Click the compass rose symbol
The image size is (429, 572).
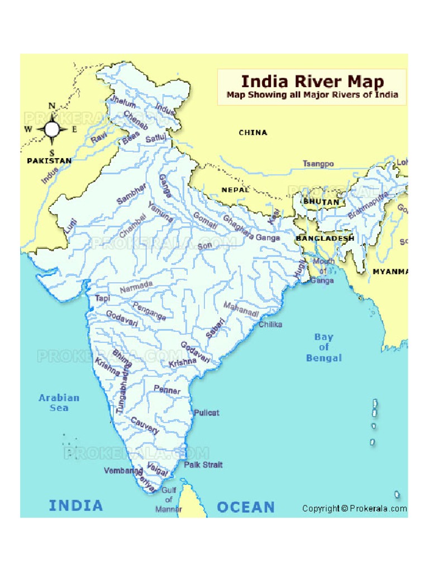[x=52, y=130]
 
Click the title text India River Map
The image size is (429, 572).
[x=312, y=82]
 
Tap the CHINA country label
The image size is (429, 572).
[x=253, y=132]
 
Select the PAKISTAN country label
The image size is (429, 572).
[x=49, y=161]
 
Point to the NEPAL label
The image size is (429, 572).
[x=236, y=190]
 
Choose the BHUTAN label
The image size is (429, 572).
[x=321, y=202]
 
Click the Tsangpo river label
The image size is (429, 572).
[x=318, y=164]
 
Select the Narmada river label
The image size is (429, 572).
[x=136, y=287]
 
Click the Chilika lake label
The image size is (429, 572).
[x=270, y=324]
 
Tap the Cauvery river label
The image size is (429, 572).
[x=145, y=425]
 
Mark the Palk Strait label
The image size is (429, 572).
[x=203, y=465]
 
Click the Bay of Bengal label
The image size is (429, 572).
[x=323, y=347]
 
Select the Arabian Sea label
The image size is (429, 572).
[x=59, y=403]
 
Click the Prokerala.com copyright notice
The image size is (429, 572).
[x=354, y=508]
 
